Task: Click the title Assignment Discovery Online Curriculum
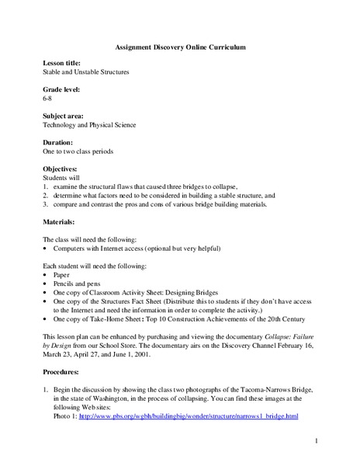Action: [x=179, y=47]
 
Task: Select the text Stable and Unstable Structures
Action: [x=86, y=71]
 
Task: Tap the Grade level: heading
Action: [x=64, y=89]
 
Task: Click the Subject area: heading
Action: [x=66, y=116]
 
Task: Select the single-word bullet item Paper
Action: [x=61, y=274]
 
